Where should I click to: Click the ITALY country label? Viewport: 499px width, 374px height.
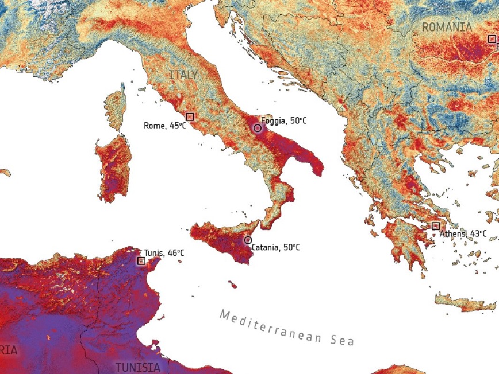pyautogui.click(x=183, y=75)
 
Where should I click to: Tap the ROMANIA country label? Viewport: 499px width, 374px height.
pyautogui.click(x=447, y=27)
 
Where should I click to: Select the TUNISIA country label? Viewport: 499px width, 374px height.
pyautogui.click(x=137, y=367)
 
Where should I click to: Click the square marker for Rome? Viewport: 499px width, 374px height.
pyautogui.click(x=190, y=116)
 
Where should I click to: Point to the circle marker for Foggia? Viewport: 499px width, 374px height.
pyautogui.click(x=258, y=128)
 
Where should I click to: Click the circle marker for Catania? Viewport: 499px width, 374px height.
pyautogui.click(x=248, y=240)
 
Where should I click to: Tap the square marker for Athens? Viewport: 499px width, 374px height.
pyautogui.click(x=435, y=226)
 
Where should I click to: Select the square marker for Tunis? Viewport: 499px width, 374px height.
pyautogui.click(x=141, y=260)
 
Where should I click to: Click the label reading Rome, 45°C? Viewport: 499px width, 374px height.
pyautogui.click(x=164, y=126)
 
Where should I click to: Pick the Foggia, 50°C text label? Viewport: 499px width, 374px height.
pyautogui.click(x=284, y=121)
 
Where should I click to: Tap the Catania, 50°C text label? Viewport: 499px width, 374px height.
pyautogui.click(x=275, y=248)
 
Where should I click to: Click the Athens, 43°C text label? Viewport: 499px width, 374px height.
pyautogui.click(x=463, y=234)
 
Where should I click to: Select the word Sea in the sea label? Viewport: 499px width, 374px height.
pyautogui.click(x=342, y=340)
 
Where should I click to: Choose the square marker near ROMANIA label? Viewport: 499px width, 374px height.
pyautogui.click(x=492, y=39)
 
